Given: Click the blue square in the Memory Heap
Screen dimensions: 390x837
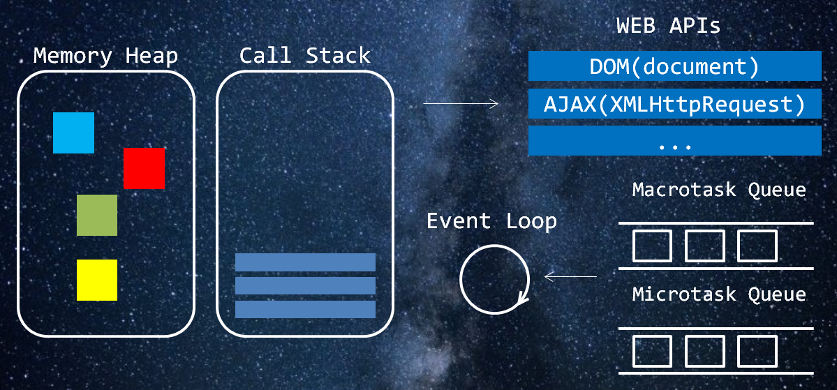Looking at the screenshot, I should tap(73, 133).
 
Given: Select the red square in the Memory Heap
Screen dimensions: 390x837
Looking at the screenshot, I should tap(144, 168).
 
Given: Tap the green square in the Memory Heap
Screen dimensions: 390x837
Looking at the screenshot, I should tap(97, 215).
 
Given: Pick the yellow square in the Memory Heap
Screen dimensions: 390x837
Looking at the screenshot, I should tap(97, 280).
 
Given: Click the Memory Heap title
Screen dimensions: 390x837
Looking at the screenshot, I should tap(105, 56).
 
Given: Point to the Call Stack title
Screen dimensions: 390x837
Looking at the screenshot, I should tap(304, 56).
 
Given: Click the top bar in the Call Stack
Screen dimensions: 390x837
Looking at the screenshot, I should tap(305, 262).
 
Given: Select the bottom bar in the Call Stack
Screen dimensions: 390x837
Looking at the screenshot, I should tap(305, 309).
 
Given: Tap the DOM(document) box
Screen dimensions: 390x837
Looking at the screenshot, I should tap(674, 67).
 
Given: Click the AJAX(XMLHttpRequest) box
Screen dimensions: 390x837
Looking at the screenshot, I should tap(674, 105).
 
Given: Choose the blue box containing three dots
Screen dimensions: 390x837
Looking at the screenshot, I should tap(674, 141).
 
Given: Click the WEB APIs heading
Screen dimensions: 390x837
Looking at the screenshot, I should tap(668, 27).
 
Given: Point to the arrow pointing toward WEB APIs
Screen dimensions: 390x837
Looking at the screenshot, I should tap(461, 104).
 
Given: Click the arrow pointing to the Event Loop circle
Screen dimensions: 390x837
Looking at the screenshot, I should tap(570, 277).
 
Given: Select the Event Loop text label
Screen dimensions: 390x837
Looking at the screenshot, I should tap(491, 221).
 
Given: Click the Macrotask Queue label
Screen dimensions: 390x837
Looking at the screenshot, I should tap(719, 190).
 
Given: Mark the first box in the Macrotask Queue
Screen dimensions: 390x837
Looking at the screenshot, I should tap(652, 246).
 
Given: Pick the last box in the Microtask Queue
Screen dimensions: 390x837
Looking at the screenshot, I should tap(757, 351).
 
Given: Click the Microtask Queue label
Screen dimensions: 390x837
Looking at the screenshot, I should tap(719, 294).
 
